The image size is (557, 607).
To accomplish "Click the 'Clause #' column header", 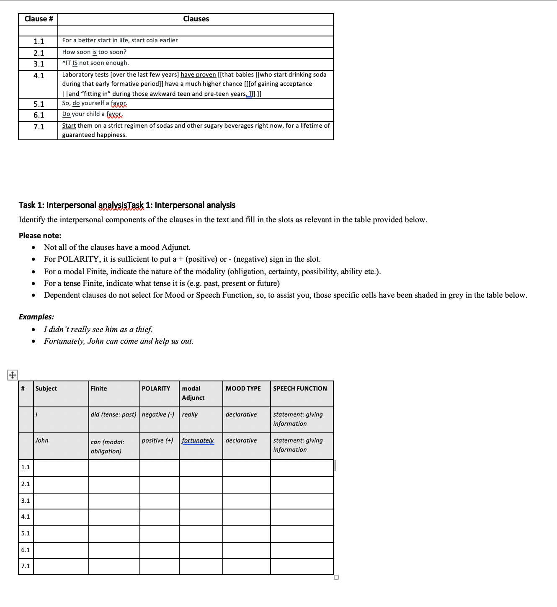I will (x=39, y=19).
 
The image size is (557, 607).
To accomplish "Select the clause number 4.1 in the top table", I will (x=39, y=76).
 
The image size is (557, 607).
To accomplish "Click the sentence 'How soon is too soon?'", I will (x=94, y=52).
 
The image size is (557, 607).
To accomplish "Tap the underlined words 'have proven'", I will (x=198, y=75).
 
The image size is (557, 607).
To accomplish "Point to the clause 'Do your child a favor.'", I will (x=92, y=114).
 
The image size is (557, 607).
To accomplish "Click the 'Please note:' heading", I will (x=40, y=236).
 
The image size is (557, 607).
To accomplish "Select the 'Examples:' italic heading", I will (x=36, y=317).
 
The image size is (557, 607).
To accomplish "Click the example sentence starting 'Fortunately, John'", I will (x=119, y=341).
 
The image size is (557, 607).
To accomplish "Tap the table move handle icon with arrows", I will (x=12, y=375).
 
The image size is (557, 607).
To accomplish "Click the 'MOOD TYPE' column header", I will (x=243, y=388).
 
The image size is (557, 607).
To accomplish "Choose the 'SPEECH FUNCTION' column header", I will (x=300, y=388).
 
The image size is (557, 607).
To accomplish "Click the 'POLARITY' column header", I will (x=156, y=388).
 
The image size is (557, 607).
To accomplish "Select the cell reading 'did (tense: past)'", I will (x=113, y=414).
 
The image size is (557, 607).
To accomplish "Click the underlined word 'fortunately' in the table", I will (x=198, y=440).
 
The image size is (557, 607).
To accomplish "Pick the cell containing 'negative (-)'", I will (x=158, y=414).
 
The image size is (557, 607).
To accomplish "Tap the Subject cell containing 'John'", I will (x=42, y=440).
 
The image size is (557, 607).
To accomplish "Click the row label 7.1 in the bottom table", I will (x=26, y=566).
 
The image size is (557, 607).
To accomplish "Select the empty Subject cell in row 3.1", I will (x=61, y=501).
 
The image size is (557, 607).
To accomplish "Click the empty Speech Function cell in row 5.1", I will (x=302, y=534).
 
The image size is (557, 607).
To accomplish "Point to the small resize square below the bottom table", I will (x=336, y=578).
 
